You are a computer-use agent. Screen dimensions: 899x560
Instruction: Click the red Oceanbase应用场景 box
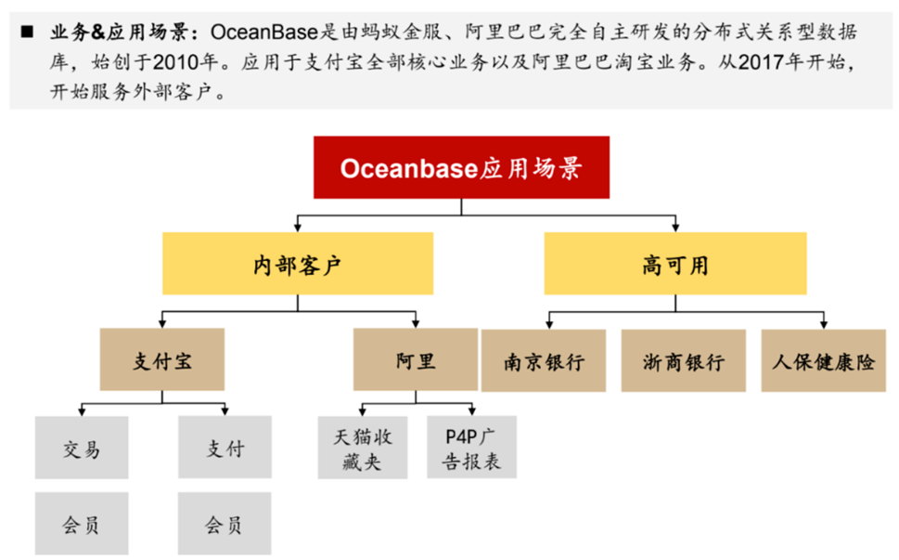coord(461,167)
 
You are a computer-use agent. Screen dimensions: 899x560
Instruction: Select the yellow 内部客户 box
coord(298,264)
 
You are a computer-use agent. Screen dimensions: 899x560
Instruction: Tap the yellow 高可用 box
coord(675,264)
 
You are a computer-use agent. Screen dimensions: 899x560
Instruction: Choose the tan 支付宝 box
coord(162,359)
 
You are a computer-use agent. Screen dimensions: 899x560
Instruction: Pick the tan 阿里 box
coord(416,359)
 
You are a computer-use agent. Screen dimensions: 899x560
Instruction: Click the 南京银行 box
coord(544,361)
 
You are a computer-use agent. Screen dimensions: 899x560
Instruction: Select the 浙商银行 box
coord(684,361)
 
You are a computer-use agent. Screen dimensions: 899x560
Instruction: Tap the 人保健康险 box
coord(823,361)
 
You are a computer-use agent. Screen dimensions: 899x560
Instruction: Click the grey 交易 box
coord(82,448)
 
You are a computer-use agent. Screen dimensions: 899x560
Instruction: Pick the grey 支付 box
coord(225,448)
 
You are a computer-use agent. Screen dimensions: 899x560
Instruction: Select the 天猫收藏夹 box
coord(363,448)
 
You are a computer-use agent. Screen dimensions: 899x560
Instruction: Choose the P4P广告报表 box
coord(472,448)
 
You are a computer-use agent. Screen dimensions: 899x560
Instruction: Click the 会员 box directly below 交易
coord(82,523)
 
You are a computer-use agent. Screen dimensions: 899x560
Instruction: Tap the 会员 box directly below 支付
coord(225,523)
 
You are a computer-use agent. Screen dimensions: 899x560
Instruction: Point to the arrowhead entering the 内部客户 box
coord(298,228)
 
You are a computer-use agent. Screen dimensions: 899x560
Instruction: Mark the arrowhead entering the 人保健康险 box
coord(824,325)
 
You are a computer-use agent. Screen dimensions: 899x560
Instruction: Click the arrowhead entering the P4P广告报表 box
coord(472,412)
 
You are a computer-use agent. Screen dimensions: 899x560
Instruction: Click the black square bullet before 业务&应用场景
coord(27,32)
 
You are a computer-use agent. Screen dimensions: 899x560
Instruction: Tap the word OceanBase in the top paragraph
coord(264,32)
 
